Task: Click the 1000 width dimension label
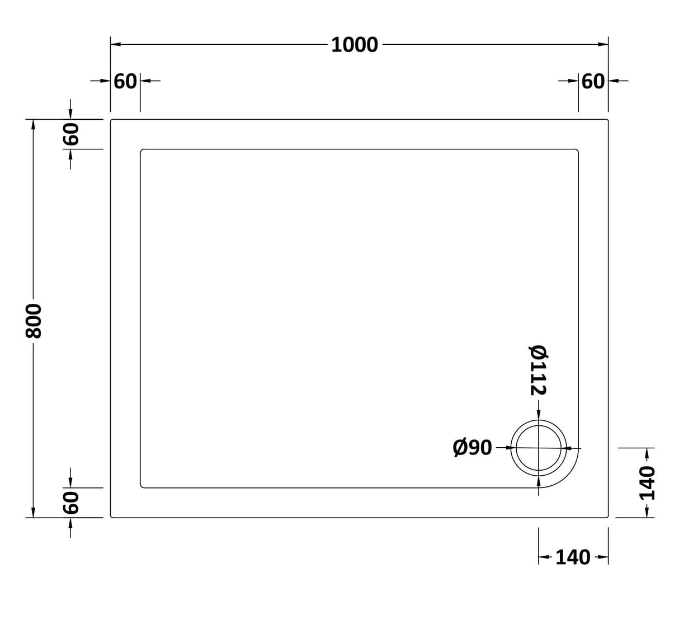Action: (355, 45)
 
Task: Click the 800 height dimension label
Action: (34, 321)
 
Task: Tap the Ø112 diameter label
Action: (537, 370)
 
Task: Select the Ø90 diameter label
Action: (472, 448)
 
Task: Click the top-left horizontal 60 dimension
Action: (125, 82)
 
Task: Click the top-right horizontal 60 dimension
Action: (593, 82)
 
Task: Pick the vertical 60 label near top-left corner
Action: (71, 134)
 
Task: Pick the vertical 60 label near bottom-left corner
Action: (71, 502)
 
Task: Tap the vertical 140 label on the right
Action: (647, 483)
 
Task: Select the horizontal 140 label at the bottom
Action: (573, 557)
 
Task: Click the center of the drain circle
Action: (539, 448)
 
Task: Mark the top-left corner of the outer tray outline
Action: (111, 120)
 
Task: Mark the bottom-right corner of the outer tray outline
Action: (607, 517)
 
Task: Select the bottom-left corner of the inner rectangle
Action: (142, 486)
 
